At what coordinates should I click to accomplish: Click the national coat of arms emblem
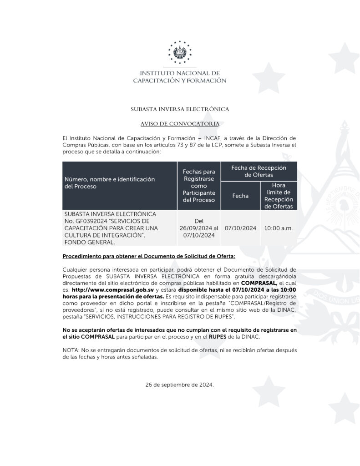tap(180, 52)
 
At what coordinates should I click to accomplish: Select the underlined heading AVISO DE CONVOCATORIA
tap(180, 123)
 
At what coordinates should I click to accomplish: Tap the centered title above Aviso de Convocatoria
tap(180, 109)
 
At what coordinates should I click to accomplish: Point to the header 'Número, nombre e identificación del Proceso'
tap(109, 183)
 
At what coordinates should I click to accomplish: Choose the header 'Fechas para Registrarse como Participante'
tap(198, 186)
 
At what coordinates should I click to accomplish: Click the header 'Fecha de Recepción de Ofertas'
tap(259, 171)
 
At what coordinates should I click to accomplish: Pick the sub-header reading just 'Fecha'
tap(240, 196)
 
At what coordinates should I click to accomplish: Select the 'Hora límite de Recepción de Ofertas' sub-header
tap(278, 196)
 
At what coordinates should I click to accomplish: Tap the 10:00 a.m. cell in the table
tap(278, 228)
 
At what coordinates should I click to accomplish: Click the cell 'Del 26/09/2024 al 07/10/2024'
tap(198, 228)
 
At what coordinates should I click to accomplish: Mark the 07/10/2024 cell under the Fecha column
tap(240, 228)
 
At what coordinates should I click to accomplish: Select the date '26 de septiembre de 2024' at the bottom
tap(180, 385)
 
